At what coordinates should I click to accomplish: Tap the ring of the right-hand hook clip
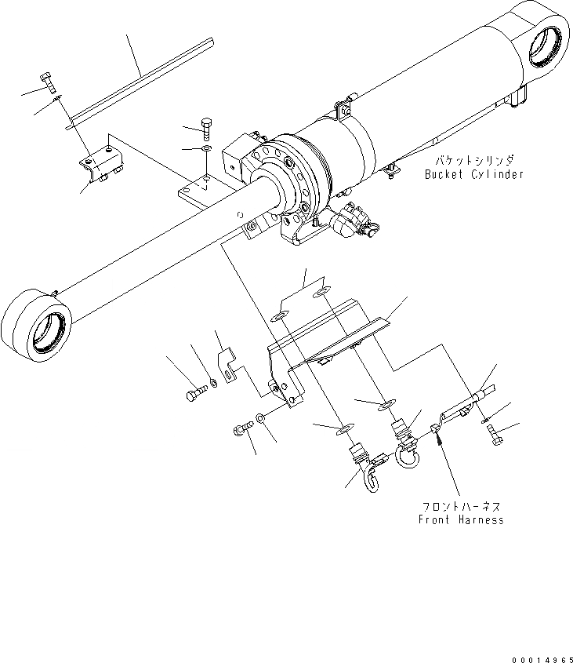408,454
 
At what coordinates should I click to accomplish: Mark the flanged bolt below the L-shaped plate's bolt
241,428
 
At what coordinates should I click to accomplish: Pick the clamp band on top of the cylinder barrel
342,108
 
